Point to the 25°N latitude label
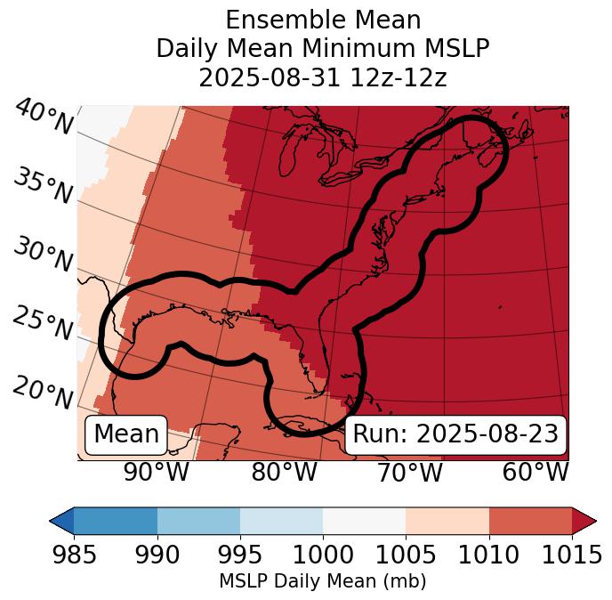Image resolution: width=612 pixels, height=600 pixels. coord(43,324)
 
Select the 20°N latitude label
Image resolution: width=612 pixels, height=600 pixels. coord(43,393)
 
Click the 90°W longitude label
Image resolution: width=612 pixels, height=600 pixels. coord(156,473)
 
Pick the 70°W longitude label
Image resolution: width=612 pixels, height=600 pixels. coord(408,473)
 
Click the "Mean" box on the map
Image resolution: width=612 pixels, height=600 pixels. coord(126,434)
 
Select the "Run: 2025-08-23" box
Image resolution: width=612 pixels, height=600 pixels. coord(455,434)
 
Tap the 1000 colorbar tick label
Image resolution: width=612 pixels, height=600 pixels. coord(323,555)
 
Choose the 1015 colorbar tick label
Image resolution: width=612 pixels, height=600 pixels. coord(572,555)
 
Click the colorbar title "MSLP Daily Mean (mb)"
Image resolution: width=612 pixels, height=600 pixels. coord(322,581)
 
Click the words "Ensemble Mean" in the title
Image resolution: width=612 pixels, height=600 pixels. coord(323,20)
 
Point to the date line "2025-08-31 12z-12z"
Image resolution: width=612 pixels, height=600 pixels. coord(323,77)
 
